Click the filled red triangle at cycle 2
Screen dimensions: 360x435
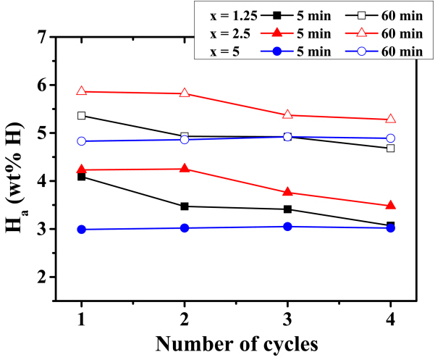click(x=185, y=169)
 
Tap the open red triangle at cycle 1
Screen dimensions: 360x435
click(x=81, y=91)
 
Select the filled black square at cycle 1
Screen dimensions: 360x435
click(x=81, y=177)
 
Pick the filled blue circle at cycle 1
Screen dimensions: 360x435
click(x=81, y=230)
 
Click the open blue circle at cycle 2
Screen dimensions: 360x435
click(x=185, y=139)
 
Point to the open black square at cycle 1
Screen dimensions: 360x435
click(x=81, y=115)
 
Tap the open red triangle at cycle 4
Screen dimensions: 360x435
click(x=391, y=119)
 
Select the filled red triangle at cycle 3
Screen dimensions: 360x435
click(x=288, y=192)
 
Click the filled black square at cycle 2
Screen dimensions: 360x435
click(x=185, y=206)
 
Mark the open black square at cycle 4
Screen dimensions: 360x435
click(x=391, y=148)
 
